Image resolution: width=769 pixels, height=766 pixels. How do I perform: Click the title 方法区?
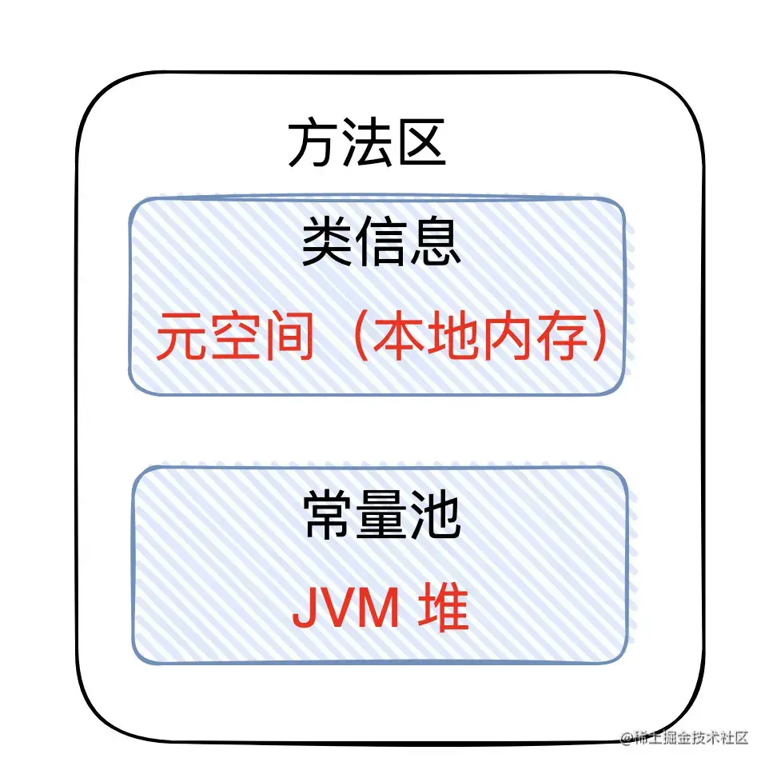pos(367,145)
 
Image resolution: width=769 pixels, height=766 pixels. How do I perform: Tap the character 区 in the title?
pos(420,145)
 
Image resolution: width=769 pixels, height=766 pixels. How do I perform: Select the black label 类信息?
pos(381,244)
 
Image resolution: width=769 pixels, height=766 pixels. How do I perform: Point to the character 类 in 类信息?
pos(328,244)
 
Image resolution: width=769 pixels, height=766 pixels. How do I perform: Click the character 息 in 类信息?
pos(435,244)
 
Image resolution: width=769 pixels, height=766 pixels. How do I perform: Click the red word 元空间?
pos(234,337)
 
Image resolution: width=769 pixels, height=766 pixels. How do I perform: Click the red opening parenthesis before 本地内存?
pos(357,337)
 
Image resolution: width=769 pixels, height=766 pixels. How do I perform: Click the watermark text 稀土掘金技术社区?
pos(691,737)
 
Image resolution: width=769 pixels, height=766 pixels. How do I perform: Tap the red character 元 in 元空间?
pos(181,337)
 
